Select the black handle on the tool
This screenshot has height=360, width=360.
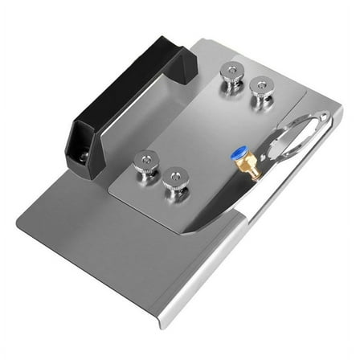pos(129,96)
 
